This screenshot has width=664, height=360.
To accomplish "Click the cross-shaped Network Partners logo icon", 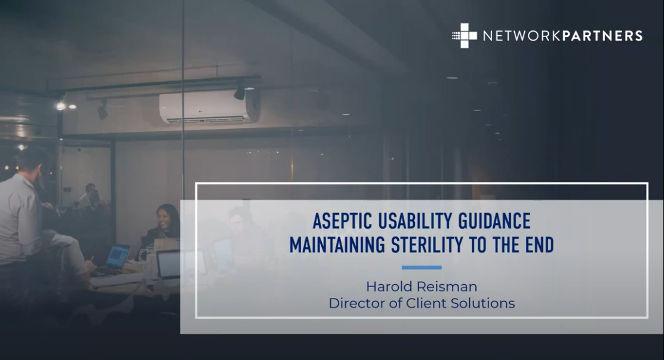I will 465,35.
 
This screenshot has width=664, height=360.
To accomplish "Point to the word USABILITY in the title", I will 416,221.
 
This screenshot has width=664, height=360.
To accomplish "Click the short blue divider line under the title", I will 422,267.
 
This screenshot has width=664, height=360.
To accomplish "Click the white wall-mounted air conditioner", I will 209,106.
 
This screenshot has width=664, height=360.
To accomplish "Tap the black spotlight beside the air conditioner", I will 239,93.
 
